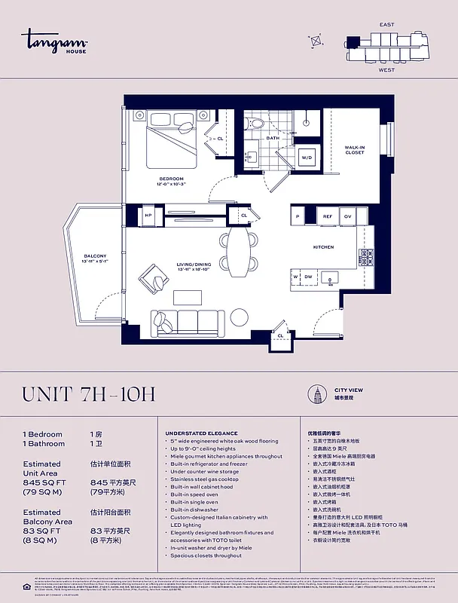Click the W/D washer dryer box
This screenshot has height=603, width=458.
pos(307,158)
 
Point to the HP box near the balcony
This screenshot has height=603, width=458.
pos(148,215)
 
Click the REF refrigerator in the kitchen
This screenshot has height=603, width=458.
pos(328,216)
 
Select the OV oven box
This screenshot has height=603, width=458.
pos(347,216)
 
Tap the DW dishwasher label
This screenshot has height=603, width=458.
pos(308,277)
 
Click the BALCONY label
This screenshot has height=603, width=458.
pos(95,257)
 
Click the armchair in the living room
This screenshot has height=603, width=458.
pos(154,278)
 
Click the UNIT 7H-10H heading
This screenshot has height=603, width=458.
pos(89,394)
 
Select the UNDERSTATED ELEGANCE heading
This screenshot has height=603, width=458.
pos(201,433)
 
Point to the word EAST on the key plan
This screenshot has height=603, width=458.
pos(386,25)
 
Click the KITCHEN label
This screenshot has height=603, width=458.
pos(323,247)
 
